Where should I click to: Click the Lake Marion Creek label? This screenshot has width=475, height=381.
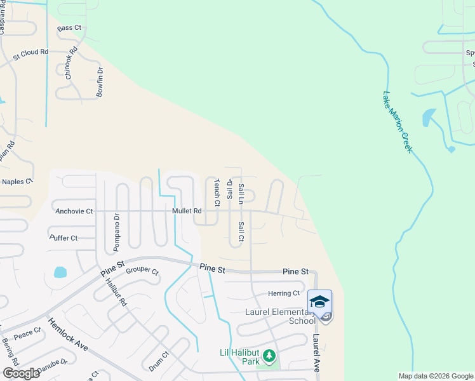398,121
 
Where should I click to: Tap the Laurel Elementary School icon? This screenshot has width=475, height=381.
319,302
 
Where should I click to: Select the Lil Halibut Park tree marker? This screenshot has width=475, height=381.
269,354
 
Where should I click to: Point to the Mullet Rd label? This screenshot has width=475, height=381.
186,211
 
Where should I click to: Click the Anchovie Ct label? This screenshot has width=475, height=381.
74,211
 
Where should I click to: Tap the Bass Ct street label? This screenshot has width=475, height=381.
70,28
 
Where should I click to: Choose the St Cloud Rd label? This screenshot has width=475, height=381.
30,52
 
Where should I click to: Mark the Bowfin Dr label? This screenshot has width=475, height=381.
100,81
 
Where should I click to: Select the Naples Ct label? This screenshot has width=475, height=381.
17,182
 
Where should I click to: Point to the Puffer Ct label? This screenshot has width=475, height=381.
63,238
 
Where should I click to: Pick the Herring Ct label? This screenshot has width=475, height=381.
283,293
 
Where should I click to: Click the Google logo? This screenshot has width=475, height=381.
21,373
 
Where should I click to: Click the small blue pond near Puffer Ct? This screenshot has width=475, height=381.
60,272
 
